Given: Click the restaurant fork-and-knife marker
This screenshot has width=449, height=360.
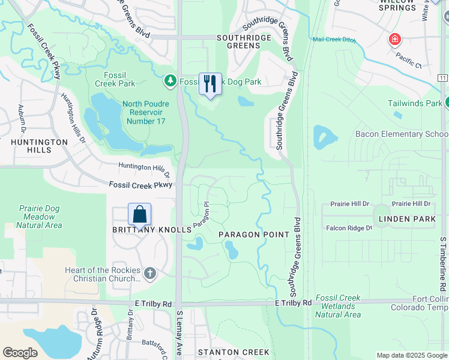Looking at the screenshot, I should [210, 84].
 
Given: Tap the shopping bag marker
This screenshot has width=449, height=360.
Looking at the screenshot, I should [139, 214].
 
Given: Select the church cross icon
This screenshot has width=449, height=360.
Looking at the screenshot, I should [150, 274].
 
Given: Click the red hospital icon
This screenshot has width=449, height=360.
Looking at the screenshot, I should [394, 40].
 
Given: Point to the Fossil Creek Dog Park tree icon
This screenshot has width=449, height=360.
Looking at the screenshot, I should [170, 80].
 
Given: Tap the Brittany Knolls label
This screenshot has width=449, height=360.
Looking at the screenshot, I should [143, 230].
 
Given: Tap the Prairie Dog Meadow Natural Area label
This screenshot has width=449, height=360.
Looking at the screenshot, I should [39, 217].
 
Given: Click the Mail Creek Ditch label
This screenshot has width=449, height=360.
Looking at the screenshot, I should [334, 40].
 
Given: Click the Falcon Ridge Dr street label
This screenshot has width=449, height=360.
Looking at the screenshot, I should [349, 228].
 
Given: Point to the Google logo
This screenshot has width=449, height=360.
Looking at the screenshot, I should [20, 353].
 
